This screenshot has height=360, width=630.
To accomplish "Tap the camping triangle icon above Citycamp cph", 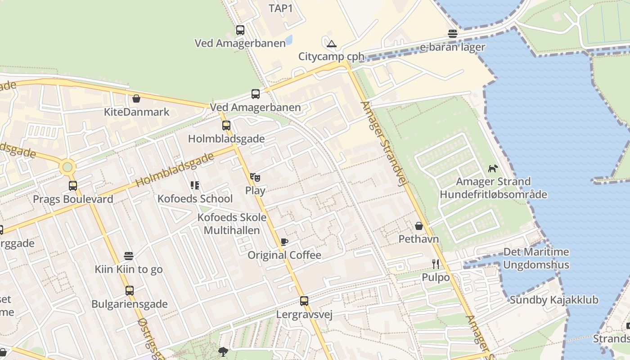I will pos(332,44).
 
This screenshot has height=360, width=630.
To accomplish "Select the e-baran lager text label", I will pos(452,47).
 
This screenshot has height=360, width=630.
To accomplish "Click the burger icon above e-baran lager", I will pos(453,34).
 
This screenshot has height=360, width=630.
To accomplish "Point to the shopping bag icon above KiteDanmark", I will pos(136,99).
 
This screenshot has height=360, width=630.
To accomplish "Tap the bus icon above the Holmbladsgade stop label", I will pos(226,126).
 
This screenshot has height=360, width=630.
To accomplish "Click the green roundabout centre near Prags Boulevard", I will pos(67,167).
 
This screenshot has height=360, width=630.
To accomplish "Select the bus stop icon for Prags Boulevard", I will pos(73,186).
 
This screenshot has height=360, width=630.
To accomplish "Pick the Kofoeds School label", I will pos(195,198).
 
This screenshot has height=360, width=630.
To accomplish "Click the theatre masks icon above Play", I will pos(255,177).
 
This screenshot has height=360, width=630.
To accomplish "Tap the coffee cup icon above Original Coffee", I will pos(284,242).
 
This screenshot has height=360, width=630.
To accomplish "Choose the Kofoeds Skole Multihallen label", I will pos(232,224).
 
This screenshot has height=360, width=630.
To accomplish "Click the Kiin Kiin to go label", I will pos(129,269).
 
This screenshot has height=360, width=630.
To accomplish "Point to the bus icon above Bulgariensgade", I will pos(130,291).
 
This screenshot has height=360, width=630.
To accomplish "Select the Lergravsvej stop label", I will pos(304,314).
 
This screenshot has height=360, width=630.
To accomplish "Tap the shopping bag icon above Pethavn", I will pos(419,226).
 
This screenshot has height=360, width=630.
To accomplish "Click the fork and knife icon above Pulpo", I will pos(436,264).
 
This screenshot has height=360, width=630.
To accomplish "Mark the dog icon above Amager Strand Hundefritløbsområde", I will pos(493,169).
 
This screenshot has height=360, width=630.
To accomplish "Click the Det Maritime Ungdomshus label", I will pos(536,258).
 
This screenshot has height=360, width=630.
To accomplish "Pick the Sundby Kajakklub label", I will pos(554,300).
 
